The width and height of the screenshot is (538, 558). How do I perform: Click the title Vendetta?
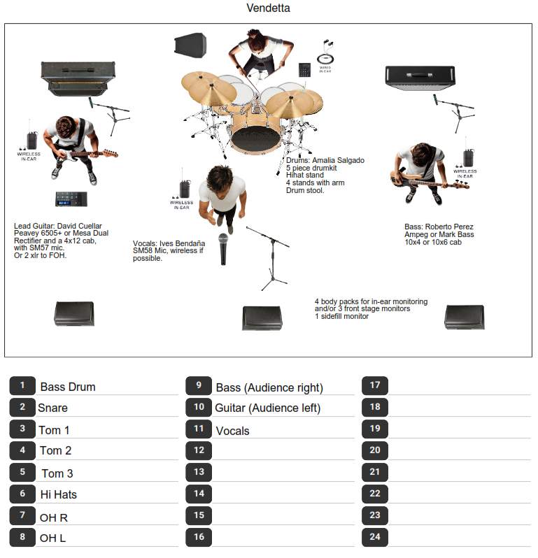click(269, 8)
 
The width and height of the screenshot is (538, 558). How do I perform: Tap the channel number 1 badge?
click(23, 385)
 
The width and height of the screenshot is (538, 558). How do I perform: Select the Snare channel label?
click(53, 408)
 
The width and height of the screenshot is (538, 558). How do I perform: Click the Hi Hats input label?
click(59, 494)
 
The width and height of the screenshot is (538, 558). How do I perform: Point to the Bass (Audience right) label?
click(269, 387)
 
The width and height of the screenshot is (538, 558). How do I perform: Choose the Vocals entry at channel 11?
click(232, 431)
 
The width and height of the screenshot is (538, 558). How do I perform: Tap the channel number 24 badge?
click(375, 537)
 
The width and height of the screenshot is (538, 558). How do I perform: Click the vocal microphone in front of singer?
click(225, 249)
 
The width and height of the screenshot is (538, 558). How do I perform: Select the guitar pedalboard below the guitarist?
click(76, 199)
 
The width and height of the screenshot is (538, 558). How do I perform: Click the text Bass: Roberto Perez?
click(439, 227)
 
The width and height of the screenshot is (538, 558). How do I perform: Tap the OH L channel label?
click(53, 538)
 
